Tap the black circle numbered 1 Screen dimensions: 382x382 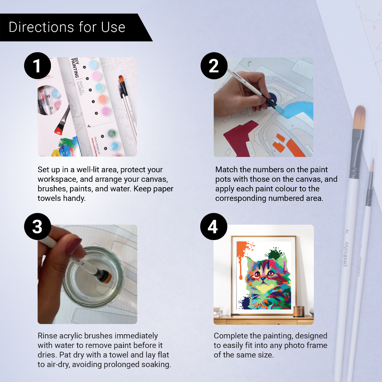(x=38, y=66)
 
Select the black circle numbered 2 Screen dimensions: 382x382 (x=214, y=66)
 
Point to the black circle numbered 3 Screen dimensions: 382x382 (x=38, y=226)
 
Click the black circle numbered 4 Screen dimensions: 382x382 (x=213, y=226)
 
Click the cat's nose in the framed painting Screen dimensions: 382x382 (x=264, y=279)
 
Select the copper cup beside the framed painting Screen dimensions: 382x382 (x=299, y=311)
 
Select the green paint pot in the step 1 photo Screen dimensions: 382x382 (x=111, y=133)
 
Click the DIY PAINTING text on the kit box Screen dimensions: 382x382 (x=75, y=67)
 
